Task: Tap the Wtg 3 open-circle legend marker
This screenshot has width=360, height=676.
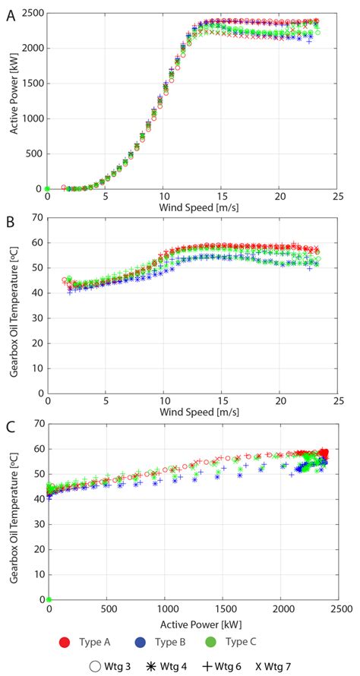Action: click(x=95, y=667)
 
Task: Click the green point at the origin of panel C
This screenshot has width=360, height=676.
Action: click(x=49, y=599)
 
